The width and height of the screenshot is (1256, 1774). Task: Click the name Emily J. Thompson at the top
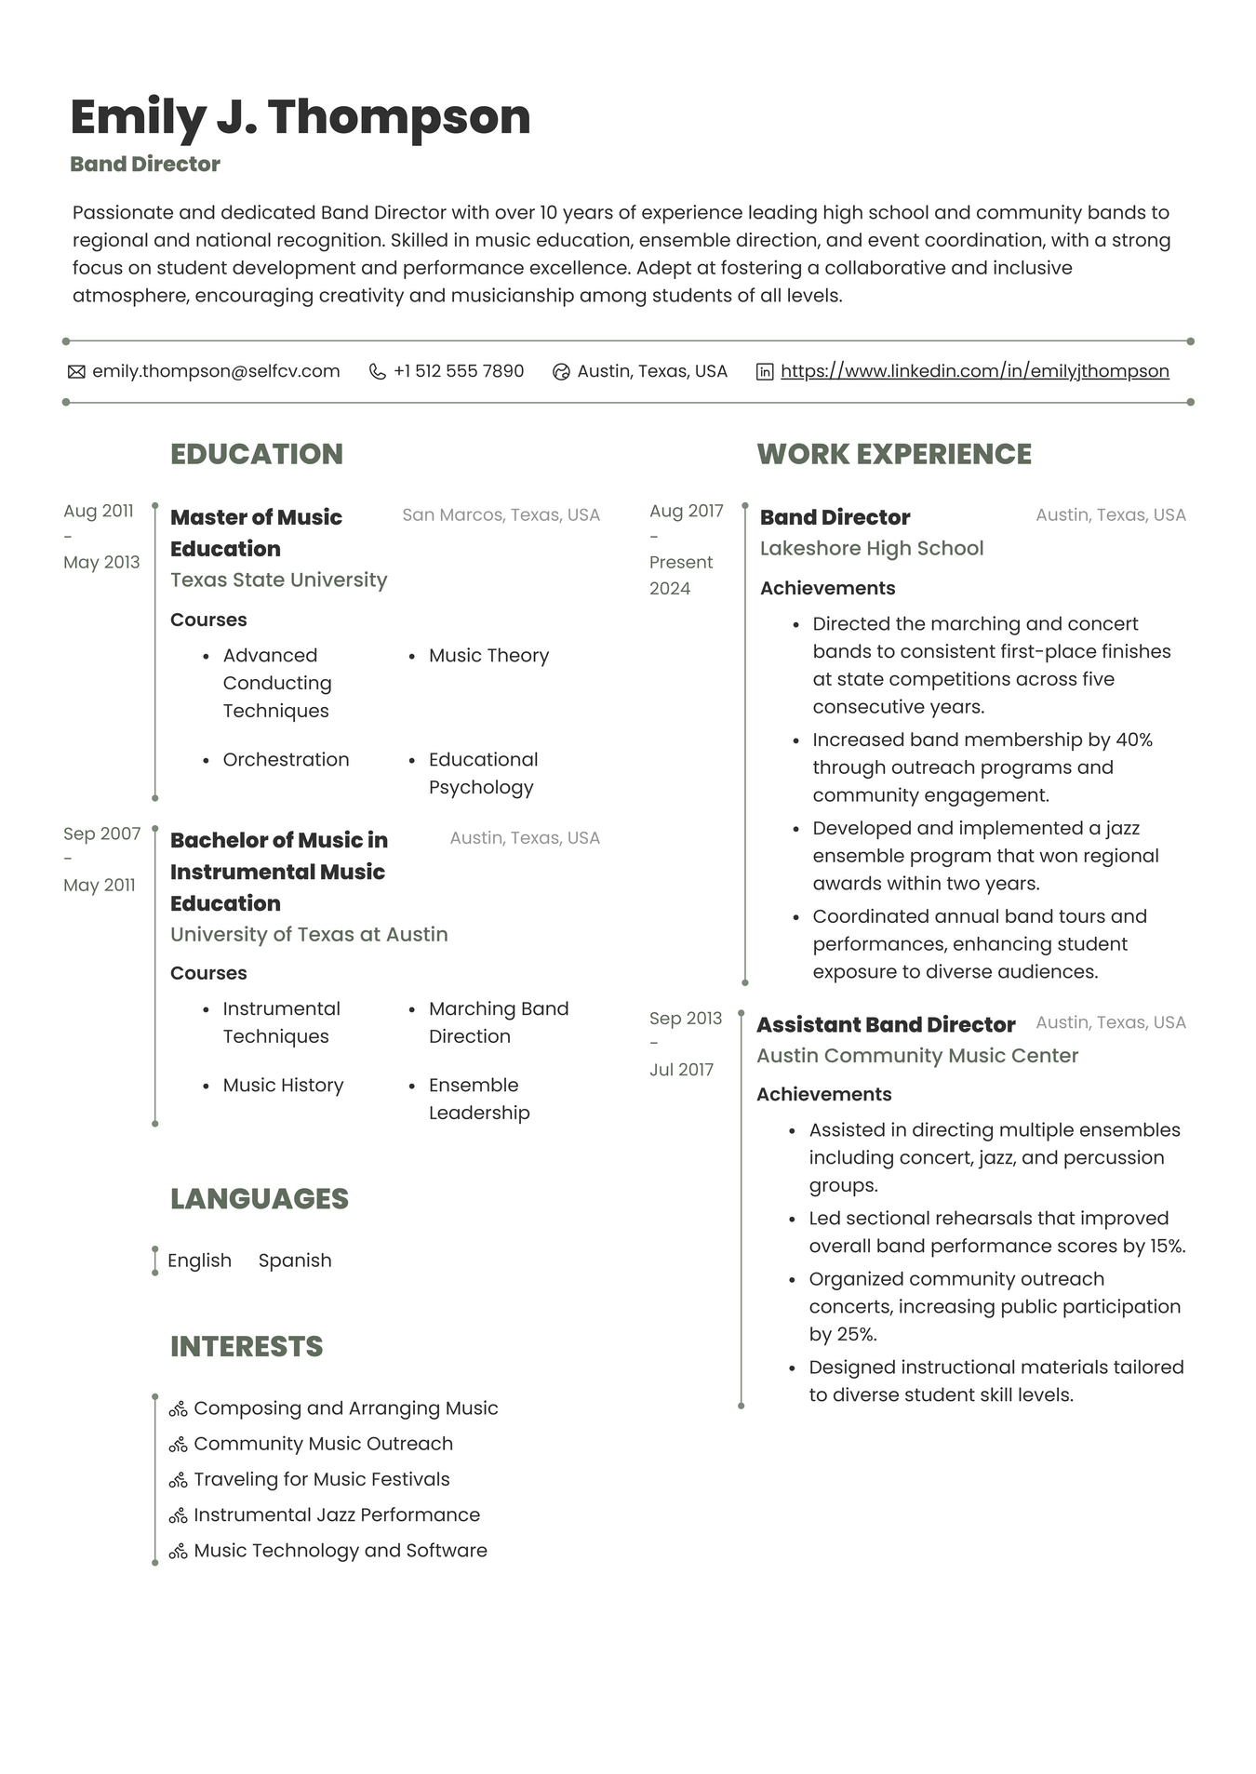tap(300, 117)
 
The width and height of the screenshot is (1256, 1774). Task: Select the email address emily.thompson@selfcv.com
tap(216, 371)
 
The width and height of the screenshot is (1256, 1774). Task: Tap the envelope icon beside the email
tap(76, 372)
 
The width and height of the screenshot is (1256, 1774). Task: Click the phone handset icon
tap(377, 372)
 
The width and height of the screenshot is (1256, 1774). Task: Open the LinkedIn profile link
tap(974, 371)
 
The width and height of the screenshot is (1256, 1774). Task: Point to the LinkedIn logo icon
tap(765, 372)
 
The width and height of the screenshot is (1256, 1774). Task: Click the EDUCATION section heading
tap(257, 454)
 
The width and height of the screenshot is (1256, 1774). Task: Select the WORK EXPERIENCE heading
tap(894, 454)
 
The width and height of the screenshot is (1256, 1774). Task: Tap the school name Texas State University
tap(278, 580)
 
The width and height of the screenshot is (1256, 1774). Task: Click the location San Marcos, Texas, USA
tap(501, 514)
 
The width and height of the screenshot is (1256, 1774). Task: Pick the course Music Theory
tap(488, 656)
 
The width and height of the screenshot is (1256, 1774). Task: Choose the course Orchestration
tap(286, 760)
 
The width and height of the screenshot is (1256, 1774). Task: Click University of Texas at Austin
tap(309, 934)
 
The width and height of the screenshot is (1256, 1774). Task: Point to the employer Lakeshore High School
tap(872, 548)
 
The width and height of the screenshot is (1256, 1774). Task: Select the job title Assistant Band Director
tap(886, 1024)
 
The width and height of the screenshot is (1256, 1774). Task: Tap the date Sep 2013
tap(686, 1019)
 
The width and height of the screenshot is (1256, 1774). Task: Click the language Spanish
tap(295, 1260)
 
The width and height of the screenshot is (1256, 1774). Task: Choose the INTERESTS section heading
tap(247, 1346)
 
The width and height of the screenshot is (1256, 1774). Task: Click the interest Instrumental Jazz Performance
tap(337, 1514)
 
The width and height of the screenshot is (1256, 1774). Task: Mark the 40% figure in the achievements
tap(1134, 740)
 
